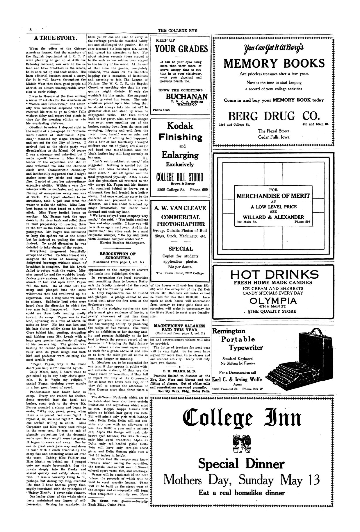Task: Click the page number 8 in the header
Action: pos(30,30)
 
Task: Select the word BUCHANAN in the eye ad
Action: pos(187,97)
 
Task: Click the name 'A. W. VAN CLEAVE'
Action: pos(180,208)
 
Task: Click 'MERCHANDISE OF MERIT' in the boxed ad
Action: pos(273,196)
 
